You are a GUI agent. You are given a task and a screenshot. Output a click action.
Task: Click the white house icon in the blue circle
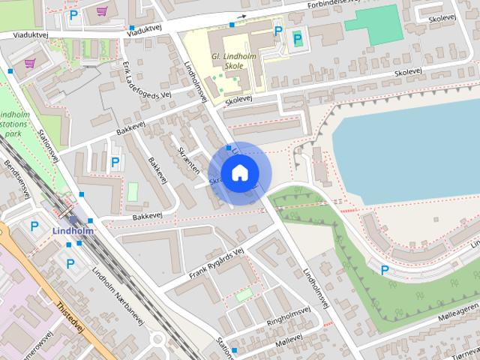click(239, 172)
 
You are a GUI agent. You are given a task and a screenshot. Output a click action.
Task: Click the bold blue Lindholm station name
click(73, 231)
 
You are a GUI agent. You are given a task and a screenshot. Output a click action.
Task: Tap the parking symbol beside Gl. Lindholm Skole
click(278, 31)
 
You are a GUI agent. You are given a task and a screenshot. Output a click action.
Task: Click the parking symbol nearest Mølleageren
click(385, 270)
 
